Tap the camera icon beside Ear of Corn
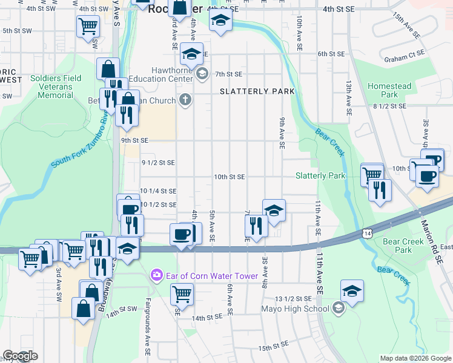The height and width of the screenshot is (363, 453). pos(157,276)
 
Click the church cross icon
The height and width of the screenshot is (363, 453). pos(186,100)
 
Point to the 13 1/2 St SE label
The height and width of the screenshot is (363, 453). pos(293,299)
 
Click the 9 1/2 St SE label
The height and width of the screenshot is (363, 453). pos(158,163)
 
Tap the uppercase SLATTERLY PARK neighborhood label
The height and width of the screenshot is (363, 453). pos(257,91)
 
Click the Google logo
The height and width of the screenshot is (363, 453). pos(20,356)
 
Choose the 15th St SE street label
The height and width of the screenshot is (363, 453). pos(276,348)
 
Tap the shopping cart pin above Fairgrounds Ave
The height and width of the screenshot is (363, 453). pos(182,294)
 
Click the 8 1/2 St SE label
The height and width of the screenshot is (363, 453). pos(389,106)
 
